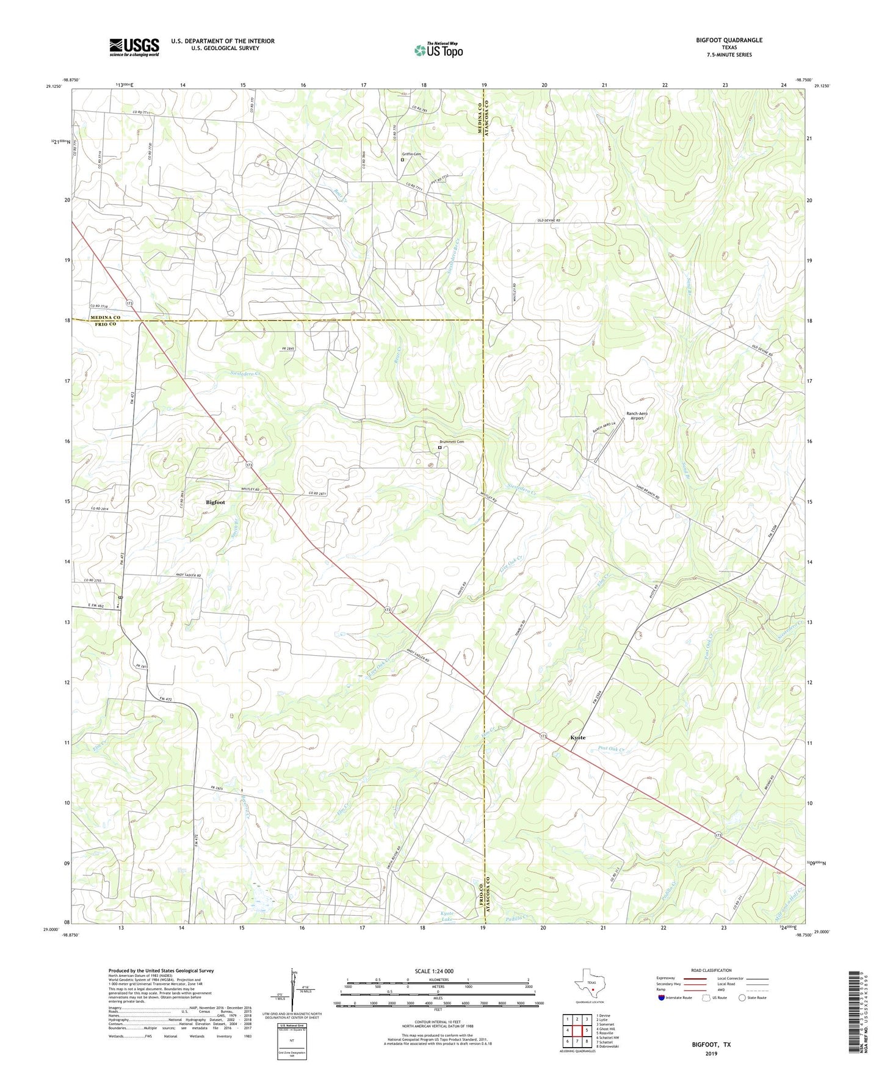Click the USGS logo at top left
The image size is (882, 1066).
(134, 47)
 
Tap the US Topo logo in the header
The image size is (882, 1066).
(438, 50)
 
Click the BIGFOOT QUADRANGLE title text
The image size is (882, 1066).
(729, 40)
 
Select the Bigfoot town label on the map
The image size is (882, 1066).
(215, 502)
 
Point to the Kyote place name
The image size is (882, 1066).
(577, 738)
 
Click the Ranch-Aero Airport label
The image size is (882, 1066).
(637, 416)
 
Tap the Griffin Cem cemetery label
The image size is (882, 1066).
(411, 154)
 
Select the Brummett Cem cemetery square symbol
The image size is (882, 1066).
(439, 448)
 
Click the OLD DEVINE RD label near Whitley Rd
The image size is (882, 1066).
(548, 220)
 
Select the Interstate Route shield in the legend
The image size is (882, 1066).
(662, 998)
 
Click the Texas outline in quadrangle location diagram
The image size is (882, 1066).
(589, 990)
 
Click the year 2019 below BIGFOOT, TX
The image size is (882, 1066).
(711, 1053)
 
